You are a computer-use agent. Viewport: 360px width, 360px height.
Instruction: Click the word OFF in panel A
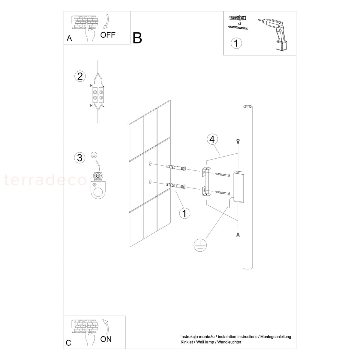108,35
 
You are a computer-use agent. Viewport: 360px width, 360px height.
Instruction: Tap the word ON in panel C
106,339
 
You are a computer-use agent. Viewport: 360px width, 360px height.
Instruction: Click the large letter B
137,38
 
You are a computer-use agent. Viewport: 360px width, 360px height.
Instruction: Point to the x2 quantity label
239,23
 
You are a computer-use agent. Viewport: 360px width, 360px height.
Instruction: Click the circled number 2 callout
80,76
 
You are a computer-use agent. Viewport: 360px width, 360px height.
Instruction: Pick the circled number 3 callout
80,158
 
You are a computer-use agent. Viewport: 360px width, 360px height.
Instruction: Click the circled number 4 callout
212,139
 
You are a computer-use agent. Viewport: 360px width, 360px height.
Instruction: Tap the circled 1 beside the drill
236,43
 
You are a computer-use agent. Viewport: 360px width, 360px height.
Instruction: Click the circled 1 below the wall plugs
184,213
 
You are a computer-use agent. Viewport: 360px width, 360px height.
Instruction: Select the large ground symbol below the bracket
200,245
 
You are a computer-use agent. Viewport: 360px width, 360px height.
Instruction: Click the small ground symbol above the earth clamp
94,155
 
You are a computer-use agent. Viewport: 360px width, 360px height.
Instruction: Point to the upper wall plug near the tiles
176,168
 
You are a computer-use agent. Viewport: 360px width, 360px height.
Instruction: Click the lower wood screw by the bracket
223,193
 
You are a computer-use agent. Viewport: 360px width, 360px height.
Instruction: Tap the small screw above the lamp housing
238,141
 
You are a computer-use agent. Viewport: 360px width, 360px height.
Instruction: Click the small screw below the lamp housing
238,235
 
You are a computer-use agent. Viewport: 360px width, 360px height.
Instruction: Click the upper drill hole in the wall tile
150,164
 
